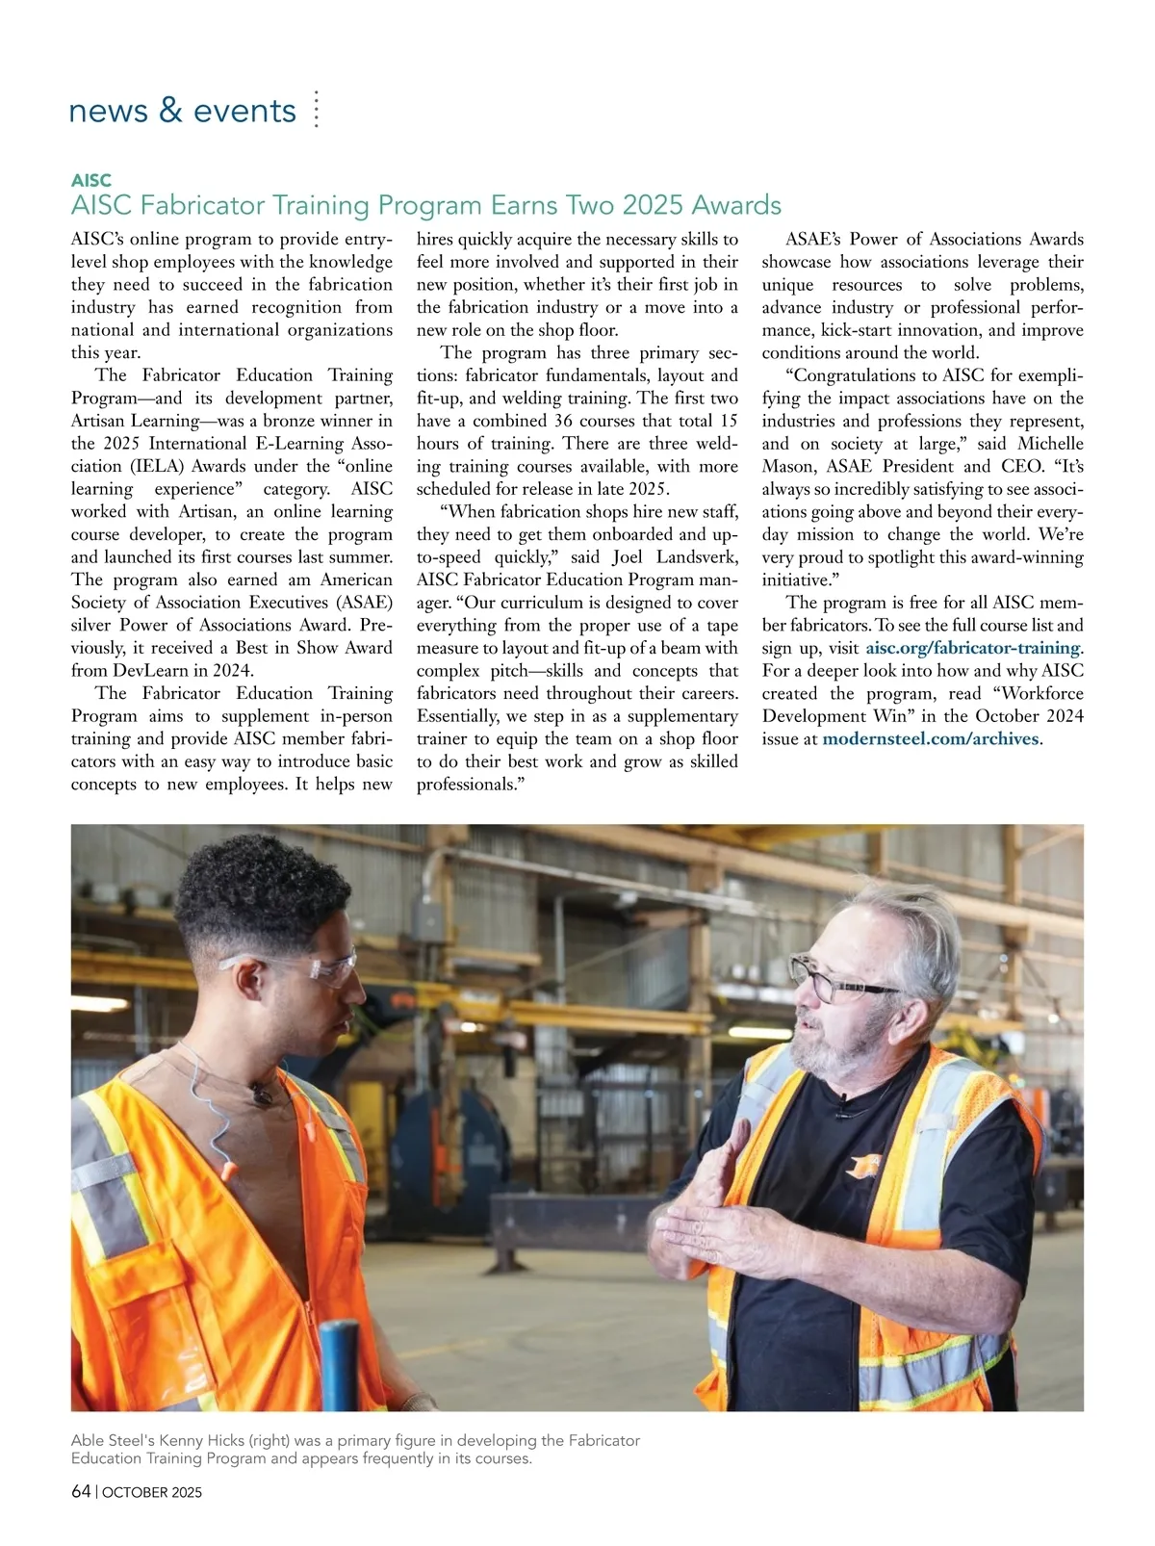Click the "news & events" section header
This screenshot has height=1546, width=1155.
click(x=182, y=111)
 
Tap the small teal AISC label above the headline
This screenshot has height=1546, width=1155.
click(x=91, y=180)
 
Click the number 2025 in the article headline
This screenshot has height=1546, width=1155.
click(x=654, y=205)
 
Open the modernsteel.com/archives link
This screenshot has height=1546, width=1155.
click(x=931, y=738)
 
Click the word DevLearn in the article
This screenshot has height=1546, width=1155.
click(x=151, y=671)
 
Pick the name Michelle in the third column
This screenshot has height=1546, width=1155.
click(x=1050, y=444)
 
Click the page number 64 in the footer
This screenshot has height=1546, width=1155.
click(x=81, y=1492)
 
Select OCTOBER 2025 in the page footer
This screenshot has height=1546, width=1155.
click(x=152, y=1493)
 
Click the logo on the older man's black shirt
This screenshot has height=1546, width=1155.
click(x=863, y=1167)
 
